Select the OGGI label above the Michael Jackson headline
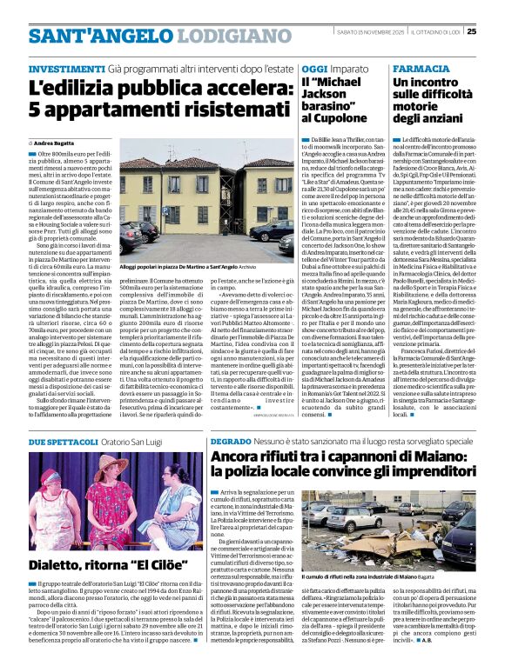(314, 69)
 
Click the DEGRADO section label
(232, 443)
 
